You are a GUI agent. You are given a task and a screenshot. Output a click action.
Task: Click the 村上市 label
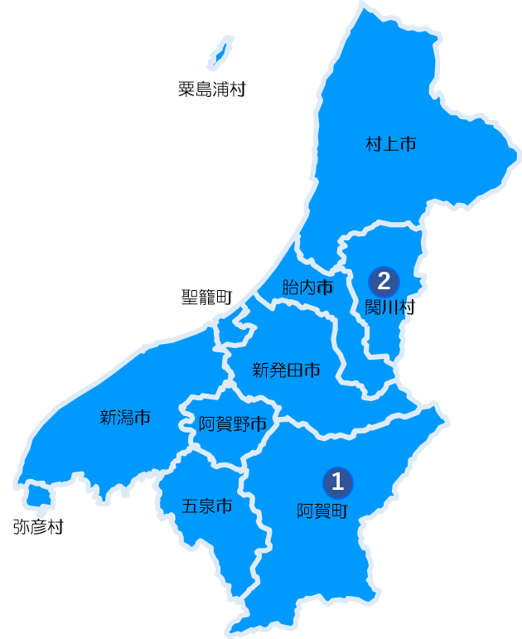[390, 144]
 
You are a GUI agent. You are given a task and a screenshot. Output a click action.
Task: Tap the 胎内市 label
[307, 288]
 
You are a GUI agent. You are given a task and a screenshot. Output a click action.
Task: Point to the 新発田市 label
[286, 370]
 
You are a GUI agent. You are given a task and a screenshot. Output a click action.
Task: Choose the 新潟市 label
[125, 418]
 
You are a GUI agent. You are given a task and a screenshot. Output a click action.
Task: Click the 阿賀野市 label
[233, 425]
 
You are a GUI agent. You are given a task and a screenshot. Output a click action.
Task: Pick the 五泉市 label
[206, 506]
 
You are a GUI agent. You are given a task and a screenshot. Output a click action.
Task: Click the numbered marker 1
[337, 481]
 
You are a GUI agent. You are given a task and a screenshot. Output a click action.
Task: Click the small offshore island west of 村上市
[219, 52]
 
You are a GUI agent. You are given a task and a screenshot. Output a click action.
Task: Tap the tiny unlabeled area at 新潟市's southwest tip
[36, 496]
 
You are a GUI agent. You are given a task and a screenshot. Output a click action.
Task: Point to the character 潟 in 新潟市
[125, 418]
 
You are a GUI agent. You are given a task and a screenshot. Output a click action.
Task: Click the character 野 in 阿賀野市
[241, 425]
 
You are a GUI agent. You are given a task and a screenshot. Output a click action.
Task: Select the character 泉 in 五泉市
[206, 506]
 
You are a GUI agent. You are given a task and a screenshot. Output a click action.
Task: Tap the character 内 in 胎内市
[307, 288]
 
